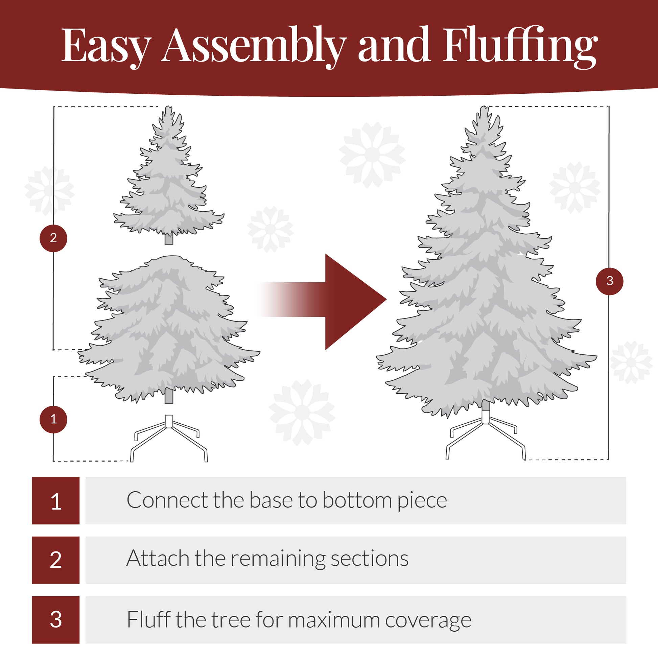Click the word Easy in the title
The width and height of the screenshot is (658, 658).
(105, 46)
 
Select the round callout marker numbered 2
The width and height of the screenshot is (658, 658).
(53, 238)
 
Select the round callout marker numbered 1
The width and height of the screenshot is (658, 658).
(53, 419)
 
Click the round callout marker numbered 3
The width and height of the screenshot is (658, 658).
(610, 281)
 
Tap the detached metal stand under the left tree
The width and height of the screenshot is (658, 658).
(169, 439)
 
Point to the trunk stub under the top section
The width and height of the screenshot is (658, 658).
(169, 239)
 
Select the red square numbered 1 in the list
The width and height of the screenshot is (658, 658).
(56, 500)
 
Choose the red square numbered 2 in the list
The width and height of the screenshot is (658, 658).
(56, 560)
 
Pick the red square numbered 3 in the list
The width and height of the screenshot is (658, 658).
(56, 619)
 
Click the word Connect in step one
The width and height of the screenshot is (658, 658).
(167, 500)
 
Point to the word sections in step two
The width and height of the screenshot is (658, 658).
(369, 559)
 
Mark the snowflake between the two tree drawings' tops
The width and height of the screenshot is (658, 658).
(372, 155)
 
